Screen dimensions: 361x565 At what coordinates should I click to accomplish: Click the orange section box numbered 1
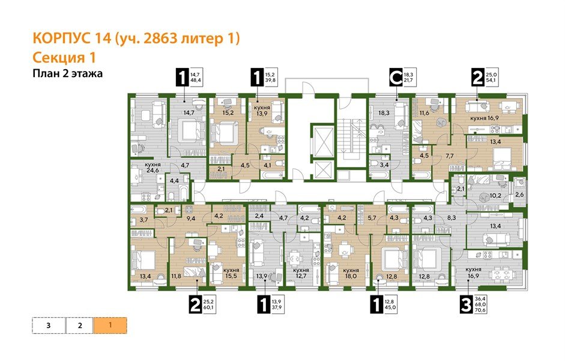[x=109, y=326]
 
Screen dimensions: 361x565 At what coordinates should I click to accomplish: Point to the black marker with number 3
[x=464, y=305]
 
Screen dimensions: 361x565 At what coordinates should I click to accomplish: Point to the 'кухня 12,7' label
[x=301, y=274]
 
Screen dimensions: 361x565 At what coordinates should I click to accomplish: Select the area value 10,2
[x=496, y=196]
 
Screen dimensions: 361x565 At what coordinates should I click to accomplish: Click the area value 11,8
[x=176, y=277]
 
